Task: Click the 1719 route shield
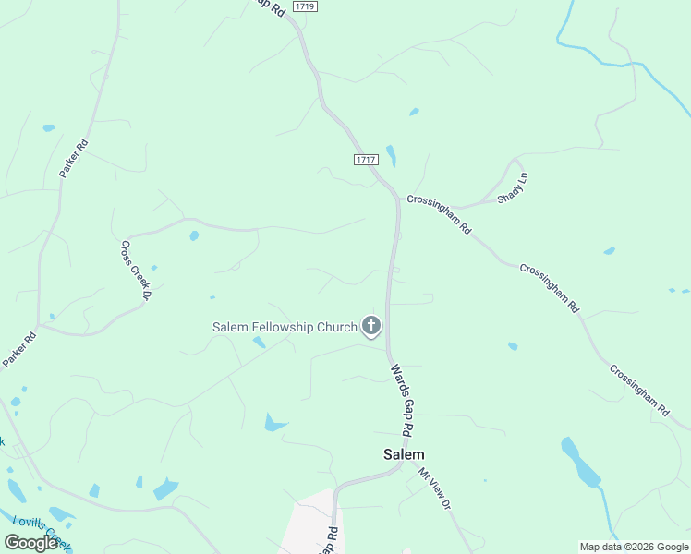coord(304,6)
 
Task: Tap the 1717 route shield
coord(366,160)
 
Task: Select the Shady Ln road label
coord(511,186)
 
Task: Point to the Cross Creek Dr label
coord(135,271)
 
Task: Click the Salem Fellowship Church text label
coord(285,327)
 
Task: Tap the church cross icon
coord(371,326)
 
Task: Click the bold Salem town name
coord(405,454)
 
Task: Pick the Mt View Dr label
coord(433,489)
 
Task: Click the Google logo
coord(31,543)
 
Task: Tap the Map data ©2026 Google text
coord(633,547)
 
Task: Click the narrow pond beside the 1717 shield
coord(391,155)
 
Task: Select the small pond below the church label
coord(259,343)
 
